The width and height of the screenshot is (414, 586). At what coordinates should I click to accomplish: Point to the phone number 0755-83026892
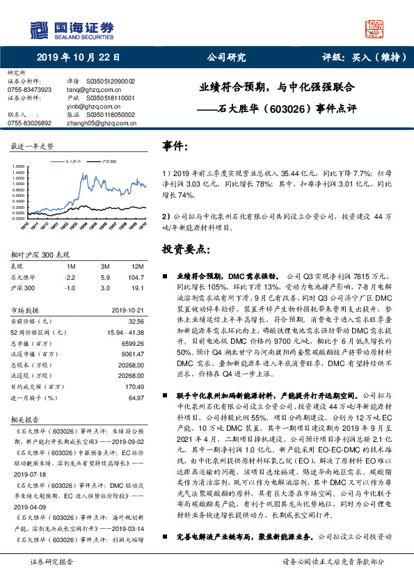[x=29, y=122]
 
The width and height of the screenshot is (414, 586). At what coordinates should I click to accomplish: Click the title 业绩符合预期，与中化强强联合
[x=277, y=88]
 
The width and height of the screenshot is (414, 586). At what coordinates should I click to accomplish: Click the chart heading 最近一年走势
[x=33, y=146]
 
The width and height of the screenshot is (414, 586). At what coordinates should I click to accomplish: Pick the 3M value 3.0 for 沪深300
[x=106, y=287]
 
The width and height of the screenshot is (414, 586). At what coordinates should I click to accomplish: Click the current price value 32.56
[x=136, y=321]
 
